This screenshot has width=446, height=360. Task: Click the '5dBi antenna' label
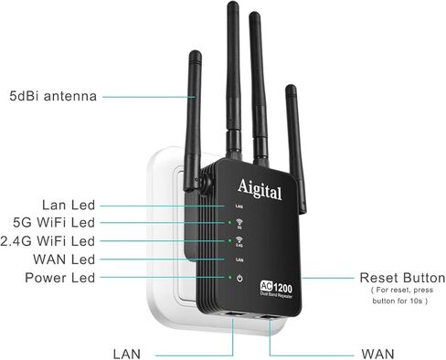coord(53,95)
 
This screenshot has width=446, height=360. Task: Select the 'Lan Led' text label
coord(68,205)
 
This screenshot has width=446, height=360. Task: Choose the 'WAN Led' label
coord(65,259)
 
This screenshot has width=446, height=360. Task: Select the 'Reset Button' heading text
coord(402,278)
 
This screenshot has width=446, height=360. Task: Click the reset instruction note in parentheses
coord(401,295)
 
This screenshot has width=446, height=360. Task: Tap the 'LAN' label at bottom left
coord(127,352)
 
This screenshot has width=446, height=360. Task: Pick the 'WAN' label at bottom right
coord(378,352)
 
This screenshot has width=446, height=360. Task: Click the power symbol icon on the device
coord(238,279)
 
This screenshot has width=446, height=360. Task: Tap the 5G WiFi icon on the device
coord(238,224)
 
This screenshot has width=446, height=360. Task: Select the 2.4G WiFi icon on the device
coord(238,242)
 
